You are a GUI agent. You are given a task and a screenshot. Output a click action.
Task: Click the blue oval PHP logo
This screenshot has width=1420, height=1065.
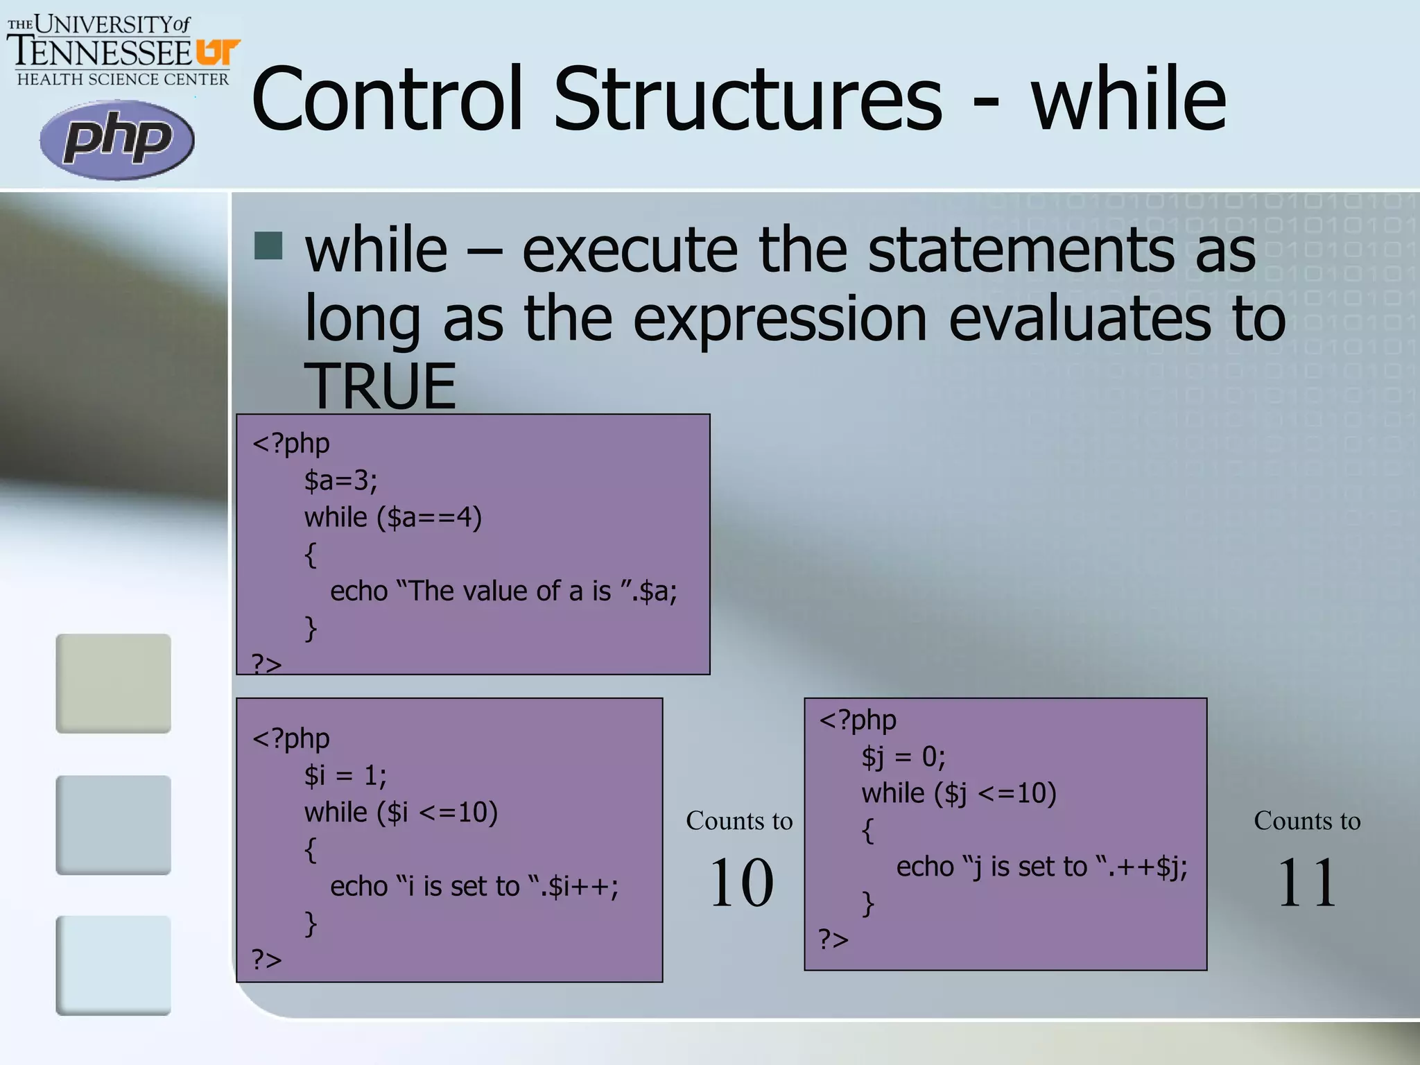click(116, 139)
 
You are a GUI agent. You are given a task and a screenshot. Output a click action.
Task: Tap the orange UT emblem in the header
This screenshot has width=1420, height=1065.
click(217, 52)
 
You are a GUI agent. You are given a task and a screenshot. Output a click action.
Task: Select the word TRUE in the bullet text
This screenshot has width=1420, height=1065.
click(380, 386)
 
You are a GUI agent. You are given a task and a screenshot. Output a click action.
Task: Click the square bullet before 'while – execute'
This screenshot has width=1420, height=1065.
click(268, 245)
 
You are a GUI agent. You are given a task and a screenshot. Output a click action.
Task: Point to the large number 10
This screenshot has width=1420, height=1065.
click(741, 882)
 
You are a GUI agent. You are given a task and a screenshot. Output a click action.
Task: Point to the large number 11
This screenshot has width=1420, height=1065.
click(1306, 882)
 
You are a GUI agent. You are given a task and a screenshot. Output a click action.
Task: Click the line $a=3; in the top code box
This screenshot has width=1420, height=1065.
click(340, 480)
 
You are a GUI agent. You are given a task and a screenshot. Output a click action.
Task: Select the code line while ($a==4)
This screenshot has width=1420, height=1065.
click(392, 517)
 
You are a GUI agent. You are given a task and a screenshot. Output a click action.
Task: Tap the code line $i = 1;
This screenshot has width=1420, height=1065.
click(345, 775)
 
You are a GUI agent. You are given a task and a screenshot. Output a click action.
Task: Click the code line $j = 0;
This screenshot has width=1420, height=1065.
click(903, 756)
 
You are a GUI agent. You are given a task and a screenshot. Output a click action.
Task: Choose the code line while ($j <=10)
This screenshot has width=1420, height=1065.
click(958, 793)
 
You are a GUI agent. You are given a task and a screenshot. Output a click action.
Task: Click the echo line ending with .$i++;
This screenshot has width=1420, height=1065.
click(474, 886)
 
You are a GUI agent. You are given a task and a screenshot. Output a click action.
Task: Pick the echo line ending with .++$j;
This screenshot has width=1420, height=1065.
click(1041, 867)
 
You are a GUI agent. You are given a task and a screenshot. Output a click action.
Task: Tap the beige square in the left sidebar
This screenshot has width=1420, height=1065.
click(113, 683)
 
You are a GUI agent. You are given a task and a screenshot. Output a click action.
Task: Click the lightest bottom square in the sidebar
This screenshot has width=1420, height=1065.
click(113, 965)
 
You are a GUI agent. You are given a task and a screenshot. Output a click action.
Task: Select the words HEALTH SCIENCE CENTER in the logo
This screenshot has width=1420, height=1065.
click(123, 79)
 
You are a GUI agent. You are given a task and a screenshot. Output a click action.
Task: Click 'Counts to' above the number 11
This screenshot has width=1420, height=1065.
click(1306, 821)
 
